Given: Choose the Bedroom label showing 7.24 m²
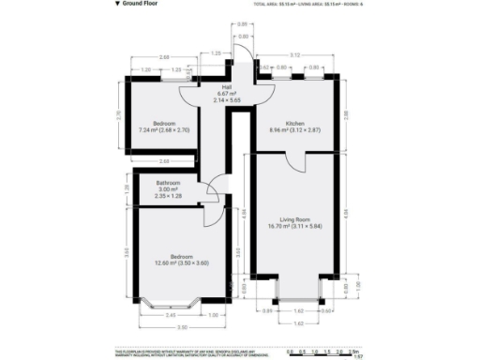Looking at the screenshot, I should click(x=163, y=127).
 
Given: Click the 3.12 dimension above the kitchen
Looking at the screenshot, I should click(x=294, y=55).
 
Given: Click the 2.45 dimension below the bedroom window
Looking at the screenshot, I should click(x=172, y=315).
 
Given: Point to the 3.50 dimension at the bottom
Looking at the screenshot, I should click(x=182, y=327).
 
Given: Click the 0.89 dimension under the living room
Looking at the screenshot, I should click(x=266, y=309).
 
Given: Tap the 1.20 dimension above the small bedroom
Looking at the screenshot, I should click(x=145, y=70).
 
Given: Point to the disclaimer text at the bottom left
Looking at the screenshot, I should click(x=178, y=352).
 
